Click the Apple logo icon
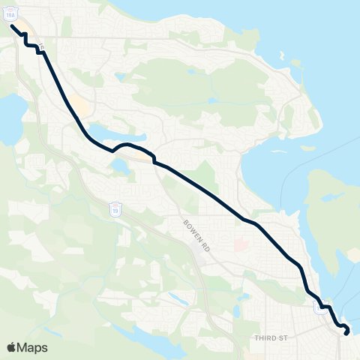[x=12, y=347]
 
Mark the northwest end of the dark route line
[x=12, y=25]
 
